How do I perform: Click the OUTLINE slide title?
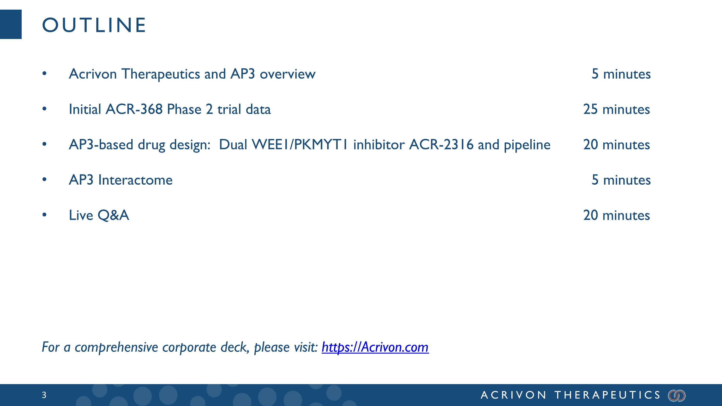[94, 25]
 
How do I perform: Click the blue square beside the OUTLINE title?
[11, 24]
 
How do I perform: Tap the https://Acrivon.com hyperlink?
[375, 347]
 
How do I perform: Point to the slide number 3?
[44, 395]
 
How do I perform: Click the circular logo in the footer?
[677, 395]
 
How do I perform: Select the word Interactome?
[135, 180]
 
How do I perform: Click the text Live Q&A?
[99, 215]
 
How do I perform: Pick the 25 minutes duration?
[616, 109]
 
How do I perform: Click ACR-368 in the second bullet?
[134, 109]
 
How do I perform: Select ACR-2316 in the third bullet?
[441, 145]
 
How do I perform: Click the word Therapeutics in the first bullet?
[160, 74]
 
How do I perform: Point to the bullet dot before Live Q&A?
[44, 215]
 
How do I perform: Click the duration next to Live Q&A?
[616, 215]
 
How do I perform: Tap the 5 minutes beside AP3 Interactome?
[621, 180]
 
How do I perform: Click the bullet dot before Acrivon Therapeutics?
[44, 74]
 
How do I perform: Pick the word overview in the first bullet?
[288, 74]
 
